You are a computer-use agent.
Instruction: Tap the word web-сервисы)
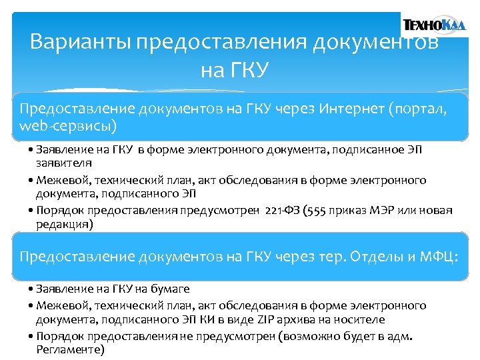68,125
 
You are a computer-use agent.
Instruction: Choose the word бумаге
169,289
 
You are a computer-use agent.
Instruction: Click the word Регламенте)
71,349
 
